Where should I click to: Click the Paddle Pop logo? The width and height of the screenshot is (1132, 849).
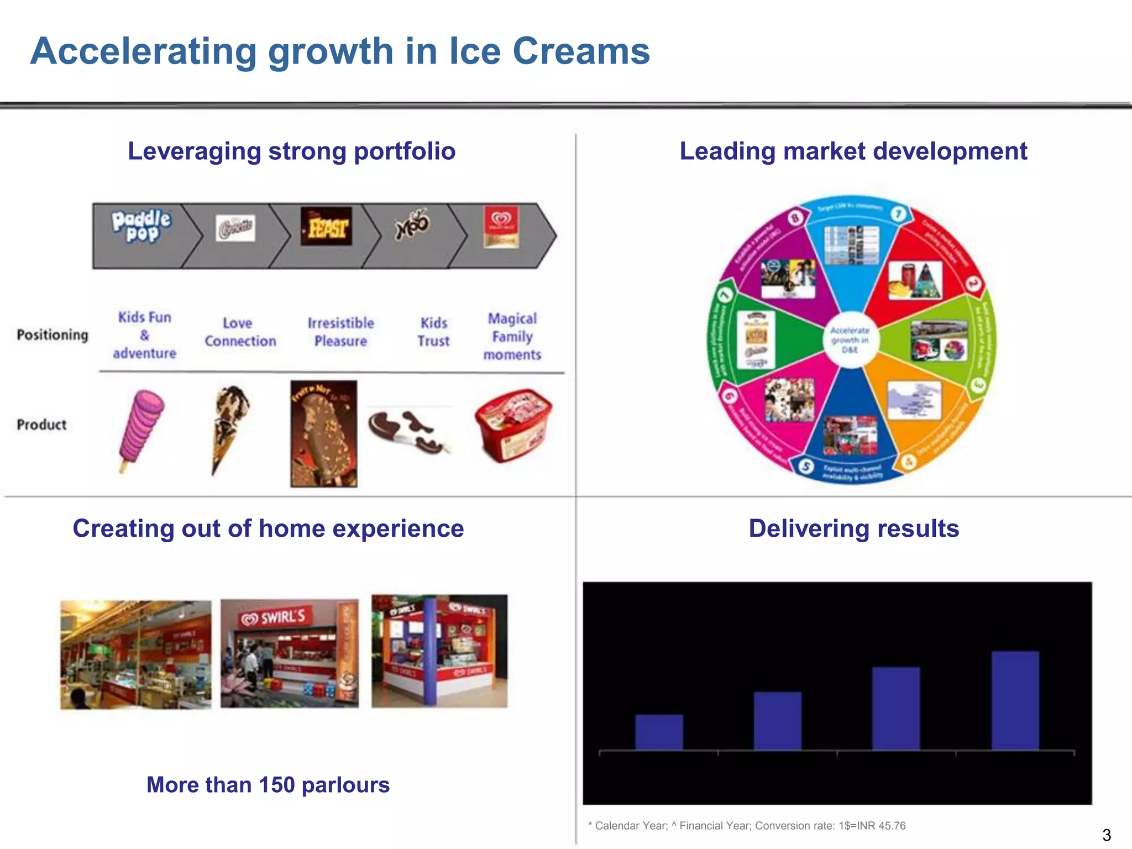(141, 226)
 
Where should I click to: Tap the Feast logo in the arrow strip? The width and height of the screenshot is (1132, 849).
(327, 227)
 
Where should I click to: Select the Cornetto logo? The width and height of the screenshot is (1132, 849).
(235, 228)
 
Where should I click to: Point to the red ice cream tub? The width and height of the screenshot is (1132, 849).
(513, 424)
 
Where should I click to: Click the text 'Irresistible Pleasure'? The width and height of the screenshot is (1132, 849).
(340, 332)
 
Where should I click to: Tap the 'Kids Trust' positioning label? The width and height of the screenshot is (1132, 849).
(434, 332)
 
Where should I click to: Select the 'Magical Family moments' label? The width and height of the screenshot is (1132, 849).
(512, 336)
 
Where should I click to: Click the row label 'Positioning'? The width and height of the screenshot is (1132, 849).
(53, 335)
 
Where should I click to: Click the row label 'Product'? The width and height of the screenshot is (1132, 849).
(42, 424)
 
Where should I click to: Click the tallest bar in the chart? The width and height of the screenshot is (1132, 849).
(1015, 701)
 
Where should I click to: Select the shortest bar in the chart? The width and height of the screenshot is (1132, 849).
(659, 732)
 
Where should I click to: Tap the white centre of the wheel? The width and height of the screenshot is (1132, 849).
(850, 339)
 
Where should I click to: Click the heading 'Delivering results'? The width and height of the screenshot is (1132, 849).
(853, 528)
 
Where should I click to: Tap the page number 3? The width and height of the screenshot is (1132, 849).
(1106, 835)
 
